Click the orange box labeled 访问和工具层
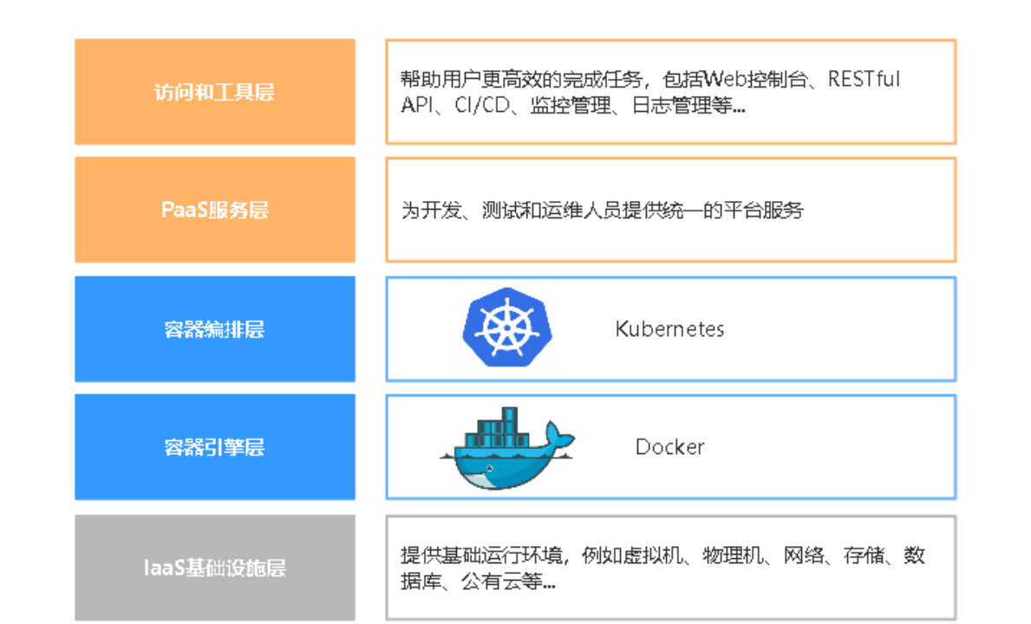214,91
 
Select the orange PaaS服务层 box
214,210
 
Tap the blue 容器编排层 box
214,328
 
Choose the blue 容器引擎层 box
214,447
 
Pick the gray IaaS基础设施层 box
214,569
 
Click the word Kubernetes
669,329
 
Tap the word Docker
669,447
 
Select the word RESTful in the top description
864,80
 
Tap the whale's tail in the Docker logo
557,437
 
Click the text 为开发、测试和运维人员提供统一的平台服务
602,210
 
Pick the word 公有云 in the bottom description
486,582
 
